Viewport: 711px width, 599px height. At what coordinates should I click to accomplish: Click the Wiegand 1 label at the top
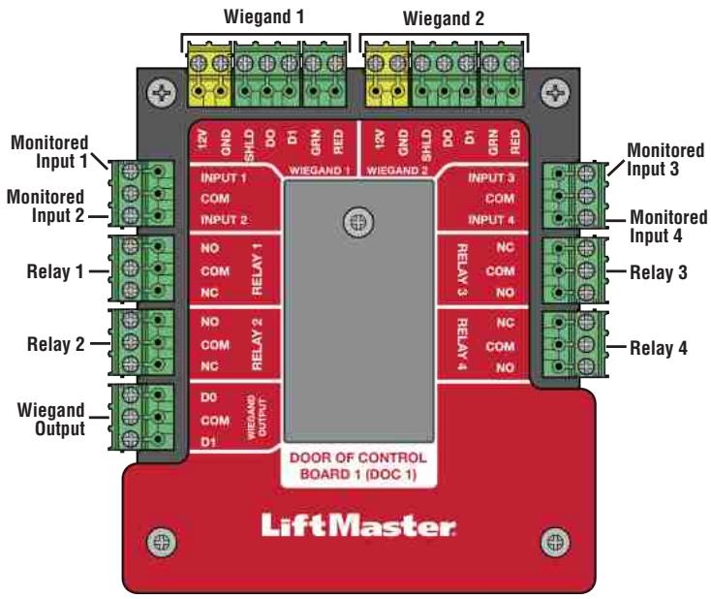click(x=259, y=16)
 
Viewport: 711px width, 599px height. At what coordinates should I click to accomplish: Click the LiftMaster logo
click(x=355, y=528)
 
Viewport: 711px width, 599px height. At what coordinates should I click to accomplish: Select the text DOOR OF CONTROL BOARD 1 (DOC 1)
click(x=355, y=465)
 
